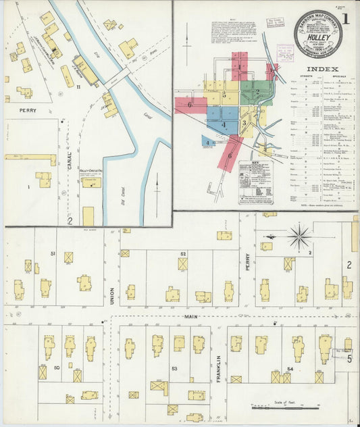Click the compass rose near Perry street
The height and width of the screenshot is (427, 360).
[299, 237]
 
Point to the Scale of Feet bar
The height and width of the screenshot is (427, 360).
[284, 407]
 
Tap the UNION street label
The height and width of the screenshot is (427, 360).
[112, 295]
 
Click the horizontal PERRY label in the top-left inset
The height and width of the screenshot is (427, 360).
[28, 110]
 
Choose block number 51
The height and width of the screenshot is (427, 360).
[53, 253]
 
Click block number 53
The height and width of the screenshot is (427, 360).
[174, 368]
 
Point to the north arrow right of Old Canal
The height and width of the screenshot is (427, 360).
[157, 184]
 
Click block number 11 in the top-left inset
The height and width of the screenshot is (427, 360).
[78, 86]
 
